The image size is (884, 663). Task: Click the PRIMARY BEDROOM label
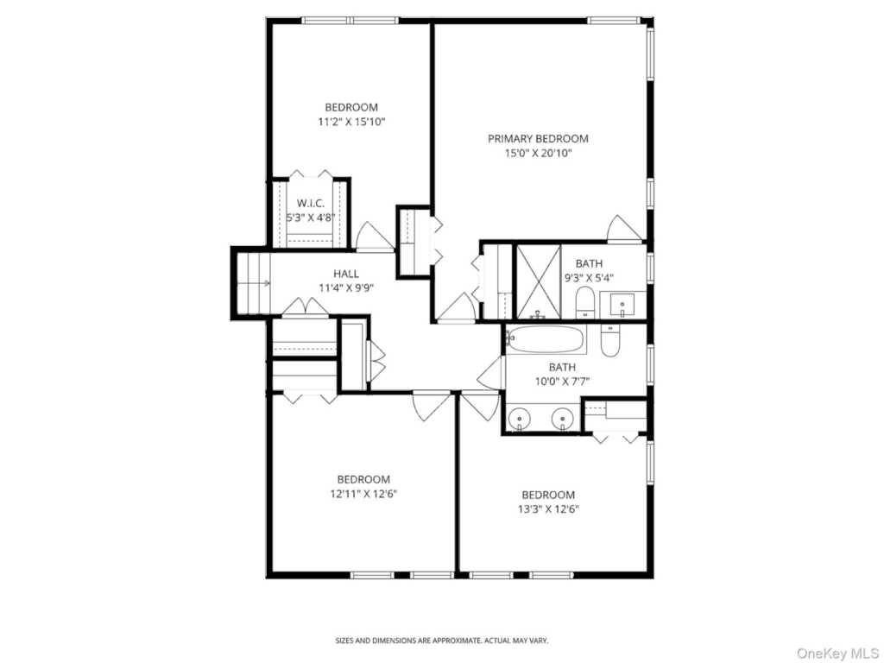[x=538, y=138]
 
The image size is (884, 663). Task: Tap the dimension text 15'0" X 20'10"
[x=538, y=153]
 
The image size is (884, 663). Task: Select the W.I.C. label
[x=310, y=203]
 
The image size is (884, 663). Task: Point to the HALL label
[x=345, y=274]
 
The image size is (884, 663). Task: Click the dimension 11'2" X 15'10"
[x=350, y=122]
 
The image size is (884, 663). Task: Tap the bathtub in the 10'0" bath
[x=546, y=339]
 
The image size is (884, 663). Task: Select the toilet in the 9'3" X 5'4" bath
[x=584, y=303]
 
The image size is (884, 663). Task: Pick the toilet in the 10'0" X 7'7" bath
[x=609, y=341]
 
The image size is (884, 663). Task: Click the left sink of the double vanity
[x=520, y=420]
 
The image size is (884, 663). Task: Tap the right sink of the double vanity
[x=563, y=420]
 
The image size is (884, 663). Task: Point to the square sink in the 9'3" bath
[x=622, y=304]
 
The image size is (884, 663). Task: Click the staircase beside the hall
[x=251, y=282]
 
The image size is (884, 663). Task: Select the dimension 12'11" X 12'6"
[x=363, y=494]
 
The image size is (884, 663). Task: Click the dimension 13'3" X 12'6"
[x=548, y=509]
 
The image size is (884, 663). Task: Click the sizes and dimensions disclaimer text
[x=441, y=641]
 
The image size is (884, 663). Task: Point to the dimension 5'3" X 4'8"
[x=310, y=218]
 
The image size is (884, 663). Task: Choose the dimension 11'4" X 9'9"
[x=345, y=289]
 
